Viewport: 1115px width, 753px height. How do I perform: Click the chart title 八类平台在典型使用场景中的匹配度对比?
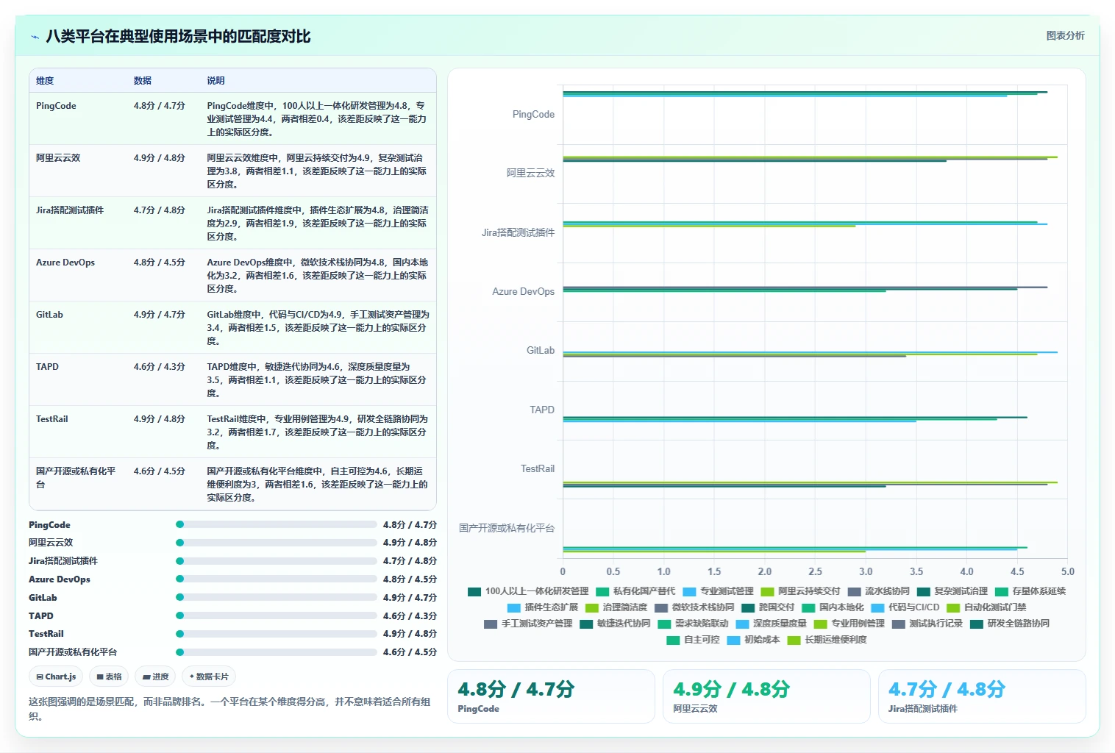(x=178, y=36)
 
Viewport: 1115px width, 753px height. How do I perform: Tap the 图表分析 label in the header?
(x=1065, y=35)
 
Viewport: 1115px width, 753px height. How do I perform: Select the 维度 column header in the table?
(x=45, y=81)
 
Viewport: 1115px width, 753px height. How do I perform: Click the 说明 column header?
(x=215, y=81)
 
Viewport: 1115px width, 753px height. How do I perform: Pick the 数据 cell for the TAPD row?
(x=159, y=367)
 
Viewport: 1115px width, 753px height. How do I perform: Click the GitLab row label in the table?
(x=49, y=315)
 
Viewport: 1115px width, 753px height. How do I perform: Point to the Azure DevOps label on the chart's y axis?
(x=523, y=292)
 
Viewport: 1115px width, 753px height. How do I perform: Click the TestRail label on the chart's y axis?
(x=537, y=469)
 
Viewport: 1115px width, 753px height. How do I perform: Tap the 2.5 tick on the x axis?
(x=815, y=571)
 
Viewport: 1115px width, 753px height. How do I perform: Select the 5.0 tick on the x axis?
(x=1067, y=571)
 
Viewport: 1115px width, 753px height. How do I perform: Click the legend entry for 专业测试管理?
(x=718, y=591)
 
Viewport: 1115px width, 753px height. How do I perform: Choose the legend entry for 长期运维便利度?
(x=827, y=640)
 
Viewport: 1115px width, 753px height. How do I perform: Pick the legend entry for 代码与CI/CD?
(x=905, y=607)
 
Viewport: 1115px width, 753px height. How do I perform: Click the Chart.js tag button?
(x=56, y=677)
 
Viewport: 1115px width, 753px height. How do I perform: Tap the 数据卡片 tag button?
(x=209, y=677)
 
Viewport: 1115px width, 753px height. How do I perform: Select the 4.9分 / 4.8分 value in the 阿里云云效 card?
(x=731, y=689)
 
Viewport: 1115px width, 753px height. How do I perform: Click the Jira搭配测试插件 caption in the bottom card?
(x=923, y=709)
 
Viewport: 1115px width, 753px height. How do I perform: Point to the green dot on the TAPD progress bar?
(x=179, y=615)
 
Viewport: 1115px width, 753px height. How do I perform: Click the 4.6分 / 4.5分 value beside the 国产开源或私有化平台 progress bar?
(x=410, y=652)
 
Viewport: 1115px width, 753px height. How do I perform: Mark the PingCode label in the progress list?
(x=49, y=524)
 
